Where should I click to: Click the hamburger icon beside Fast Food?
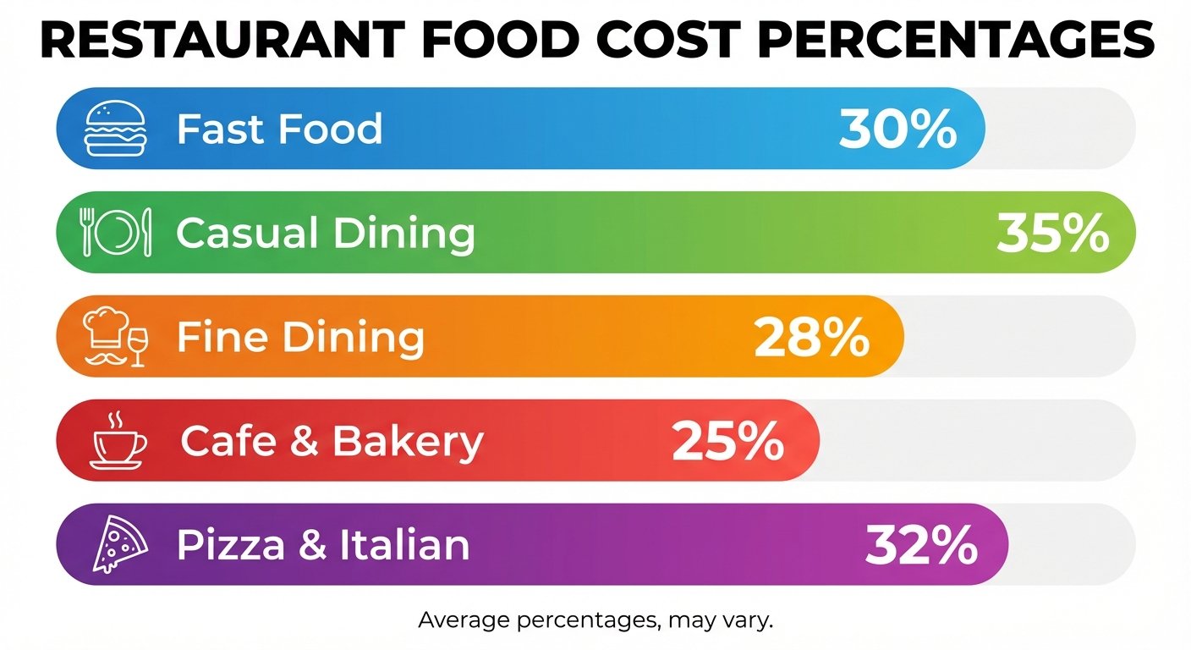click(116, 129)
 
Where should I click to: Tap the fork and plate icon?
click(116, 232)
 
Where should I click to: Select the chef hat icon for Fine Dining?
click(106, 328)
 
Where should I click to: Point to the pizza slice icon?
click(119, 544)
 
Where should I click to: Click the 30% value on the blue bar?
click(897, 129)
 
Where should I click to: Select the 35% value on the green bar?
click(1052, 233)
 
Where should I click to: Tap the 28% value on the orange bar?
click(811, 338)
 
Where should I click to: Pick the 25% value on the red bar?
click(727, 442)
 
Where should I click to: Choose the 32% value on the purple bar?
click(921, 546)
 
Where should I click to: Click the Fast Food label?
click(279, 129)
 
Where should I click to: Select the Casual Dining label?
click(325, 233)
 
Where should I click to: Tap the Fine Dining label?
click(300, 337)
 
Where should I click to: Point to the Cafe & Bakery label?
click(332, 441)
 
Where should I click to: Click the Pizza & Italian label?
click(322, 545)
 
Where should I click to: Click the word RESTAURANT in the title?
click(220, 41)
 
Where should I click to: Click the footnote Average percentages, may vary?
click(595, 620)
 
